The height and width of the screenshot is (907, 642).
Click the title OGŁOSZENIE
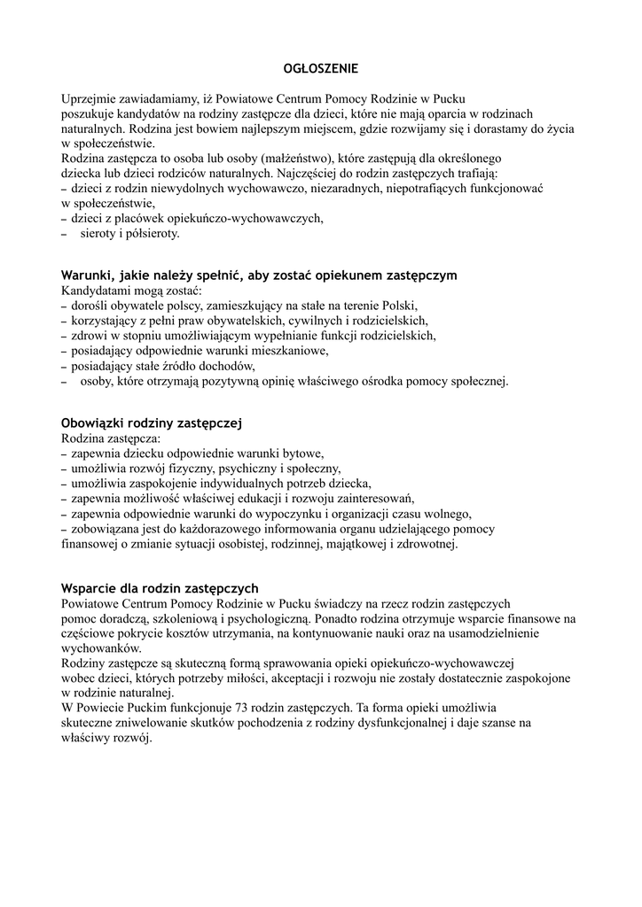(320, 68)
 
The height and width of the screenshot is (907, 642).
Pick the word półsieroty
(152, 234)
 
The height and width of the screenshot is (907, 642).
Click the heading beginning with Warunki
(259, 275)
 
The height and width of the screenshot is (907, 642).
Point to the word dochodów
(228, 366)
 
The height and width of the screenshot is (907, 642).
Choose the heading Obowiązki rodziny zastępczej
(152, 423)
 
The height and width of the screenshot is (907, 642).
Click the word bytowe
(301, 453)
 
